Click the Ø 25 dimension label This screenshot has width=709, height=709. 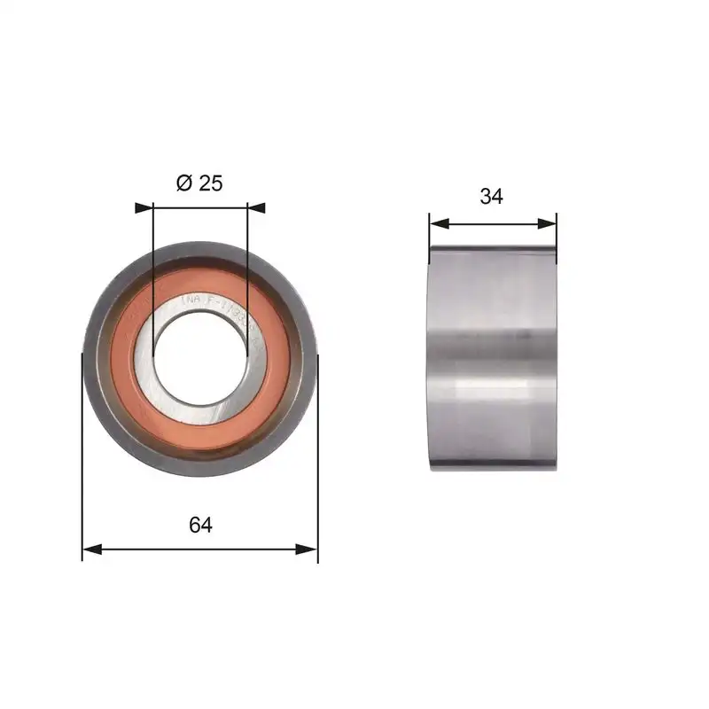tap(199, 183)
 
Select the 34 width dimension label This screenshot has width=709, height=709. tap(491, 197)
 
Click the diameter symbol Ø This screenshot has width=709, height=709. tap(184, 183)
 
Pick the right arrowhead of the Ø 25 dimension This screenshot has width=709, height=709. tap(256, 207)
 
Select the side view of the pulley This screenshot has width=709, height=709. tap(493, 359)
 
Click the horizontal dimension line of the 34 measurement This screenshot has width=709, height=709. tap(493, 224)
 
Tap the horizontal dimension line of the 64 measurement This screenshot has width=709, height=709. tap(199, 549)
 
